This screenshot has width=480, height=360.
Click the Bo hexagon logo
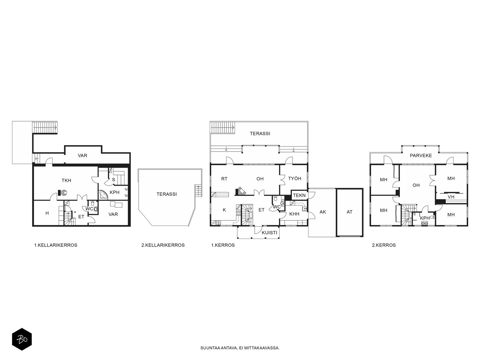pos(22,339)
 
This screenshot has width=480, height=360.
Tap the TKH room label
pos(66,181)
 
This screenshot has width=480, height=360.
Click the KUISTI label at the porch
pos(269,233)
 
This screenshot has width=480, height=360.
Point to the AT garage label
pos(349,212)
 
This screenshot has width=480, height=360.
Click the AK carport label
pos(323,212)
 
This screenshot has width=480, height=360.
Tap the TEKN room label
pos(299,195)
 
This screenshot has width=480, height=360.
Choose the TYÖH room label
pos(295,178)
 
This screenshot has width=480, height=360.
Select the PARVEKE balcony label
pos(421,156)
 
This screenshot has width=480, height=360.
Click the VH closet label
pos(451,197)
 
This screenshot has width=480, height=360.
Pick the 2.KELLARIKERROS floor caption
pos(163,245)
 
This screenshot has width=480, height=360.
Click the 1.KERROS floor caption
pos(223,245)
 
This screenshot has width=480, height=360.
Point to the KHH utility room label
pos(294,214)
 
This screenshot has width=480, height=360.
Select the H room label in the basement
pos(47,213)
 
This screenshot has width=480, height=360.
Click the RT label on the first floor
pos(224,179)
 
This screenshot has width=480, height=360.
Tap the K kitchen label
pos(224,210)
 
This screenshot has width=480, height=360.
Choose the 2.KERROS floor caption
pos(384,245)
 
